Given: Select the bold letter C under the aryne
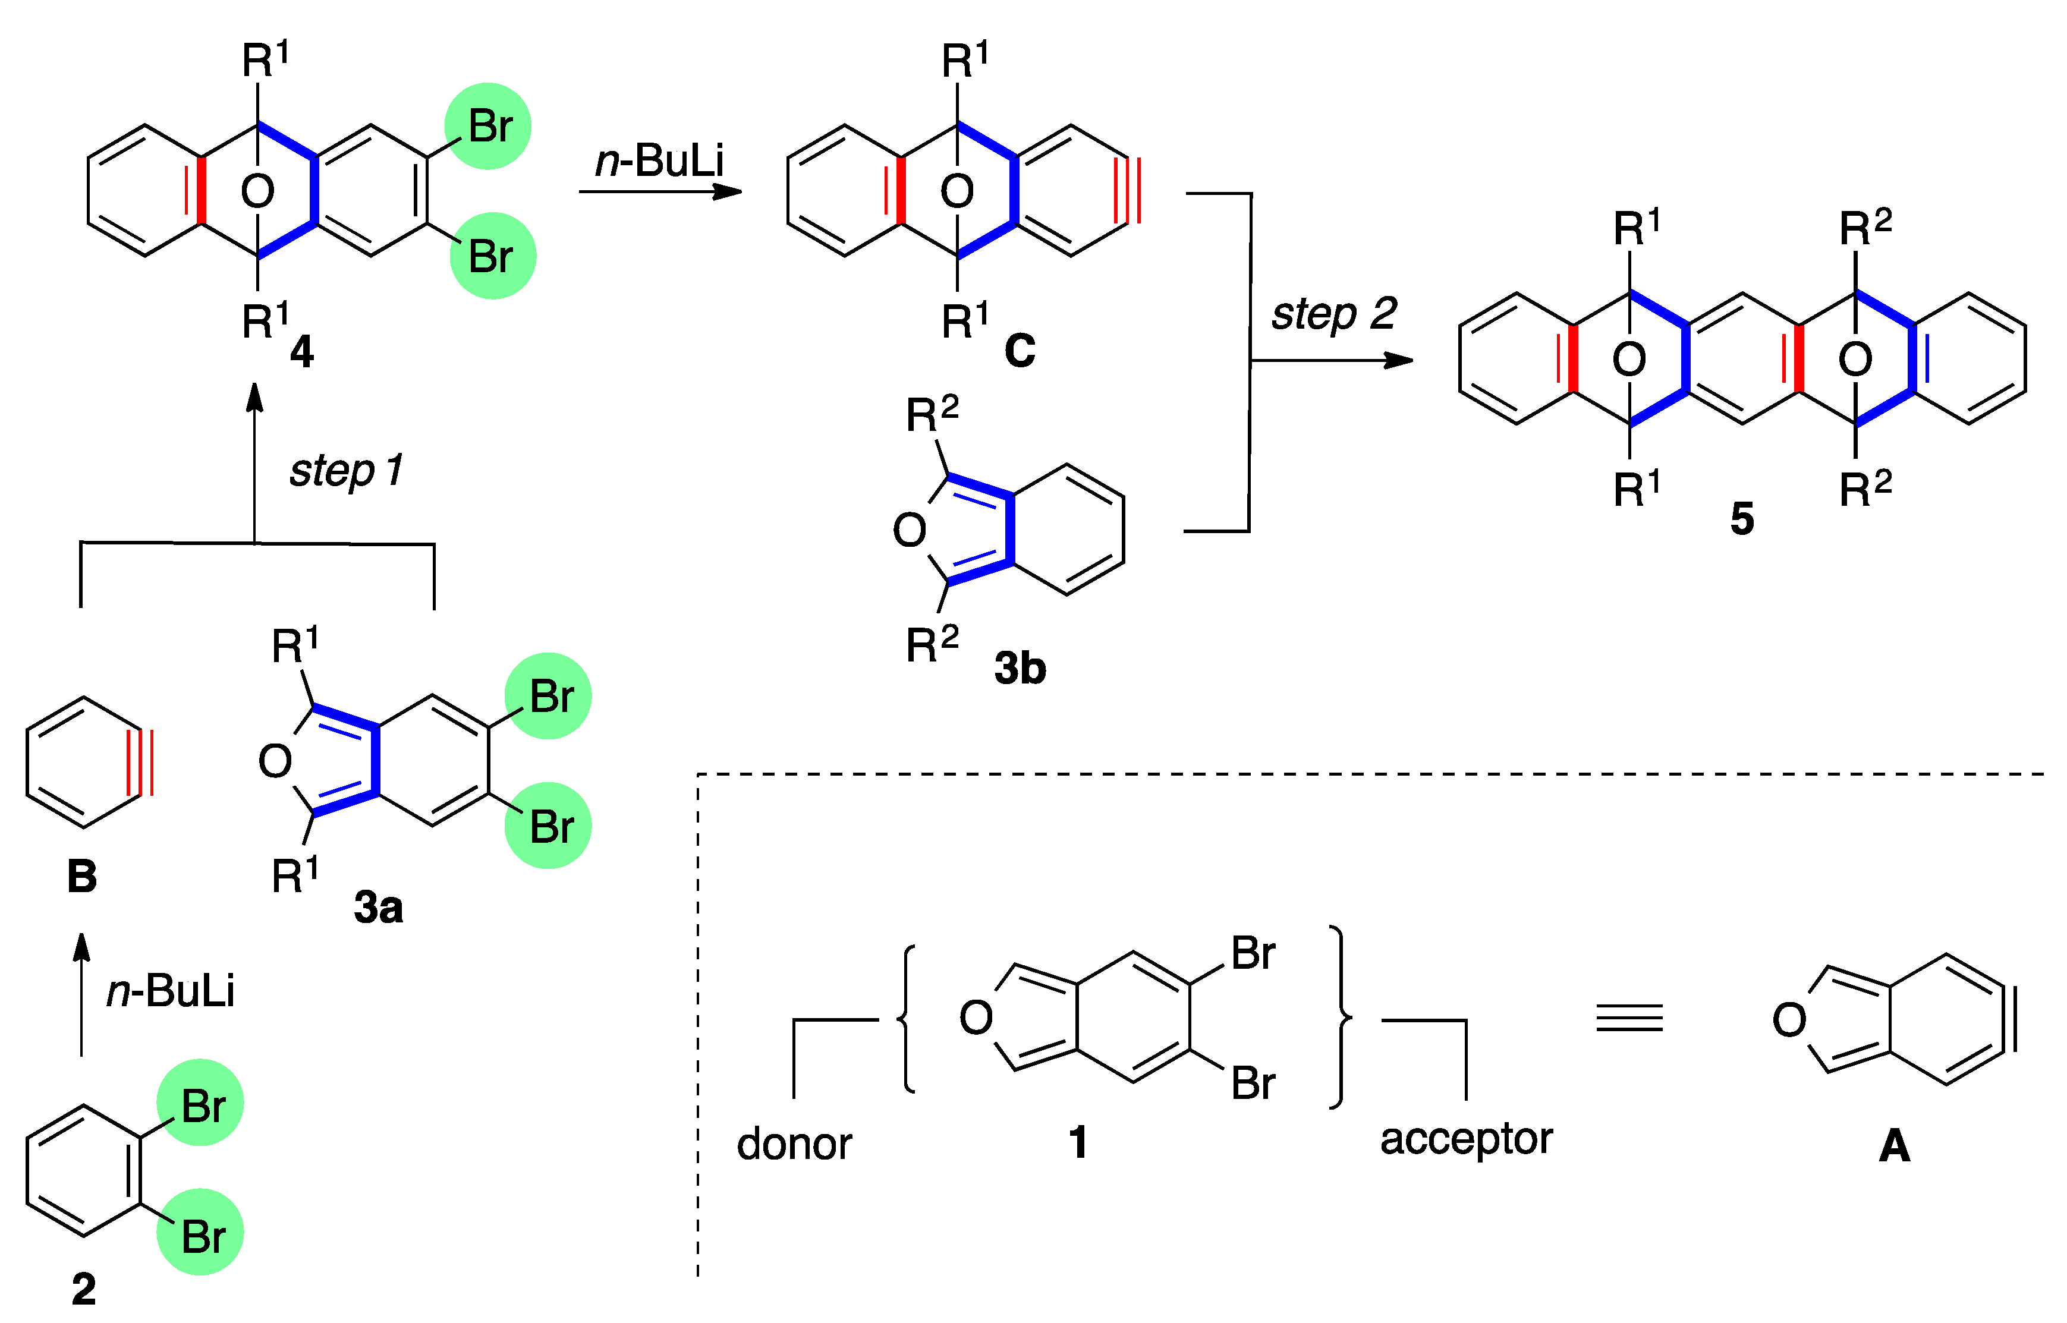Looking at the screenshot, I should [1020, 351].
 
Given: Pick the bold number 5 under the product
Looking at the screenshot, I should [1741, 518].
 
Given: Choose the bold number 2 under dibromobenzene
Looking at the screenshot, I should [83, 1289].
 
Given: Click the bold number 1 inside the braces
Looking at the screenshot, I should [1078, 1142].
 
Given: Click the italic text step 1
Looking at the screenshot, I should [346, 470].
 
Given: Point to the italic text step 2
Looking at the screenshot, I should [1334, 314].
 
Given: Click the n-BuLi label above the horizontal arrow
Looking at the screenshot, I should [660, 160].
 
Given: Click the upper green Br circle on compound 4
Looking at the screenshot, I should [488, 126].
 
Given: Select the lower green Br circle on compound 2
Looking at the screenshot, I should [200, 1232].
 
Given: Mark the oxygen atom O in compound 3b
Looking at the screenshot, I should [910, 530].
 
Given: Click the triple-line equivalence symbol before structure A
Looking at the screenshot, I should [1629, 1018].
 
